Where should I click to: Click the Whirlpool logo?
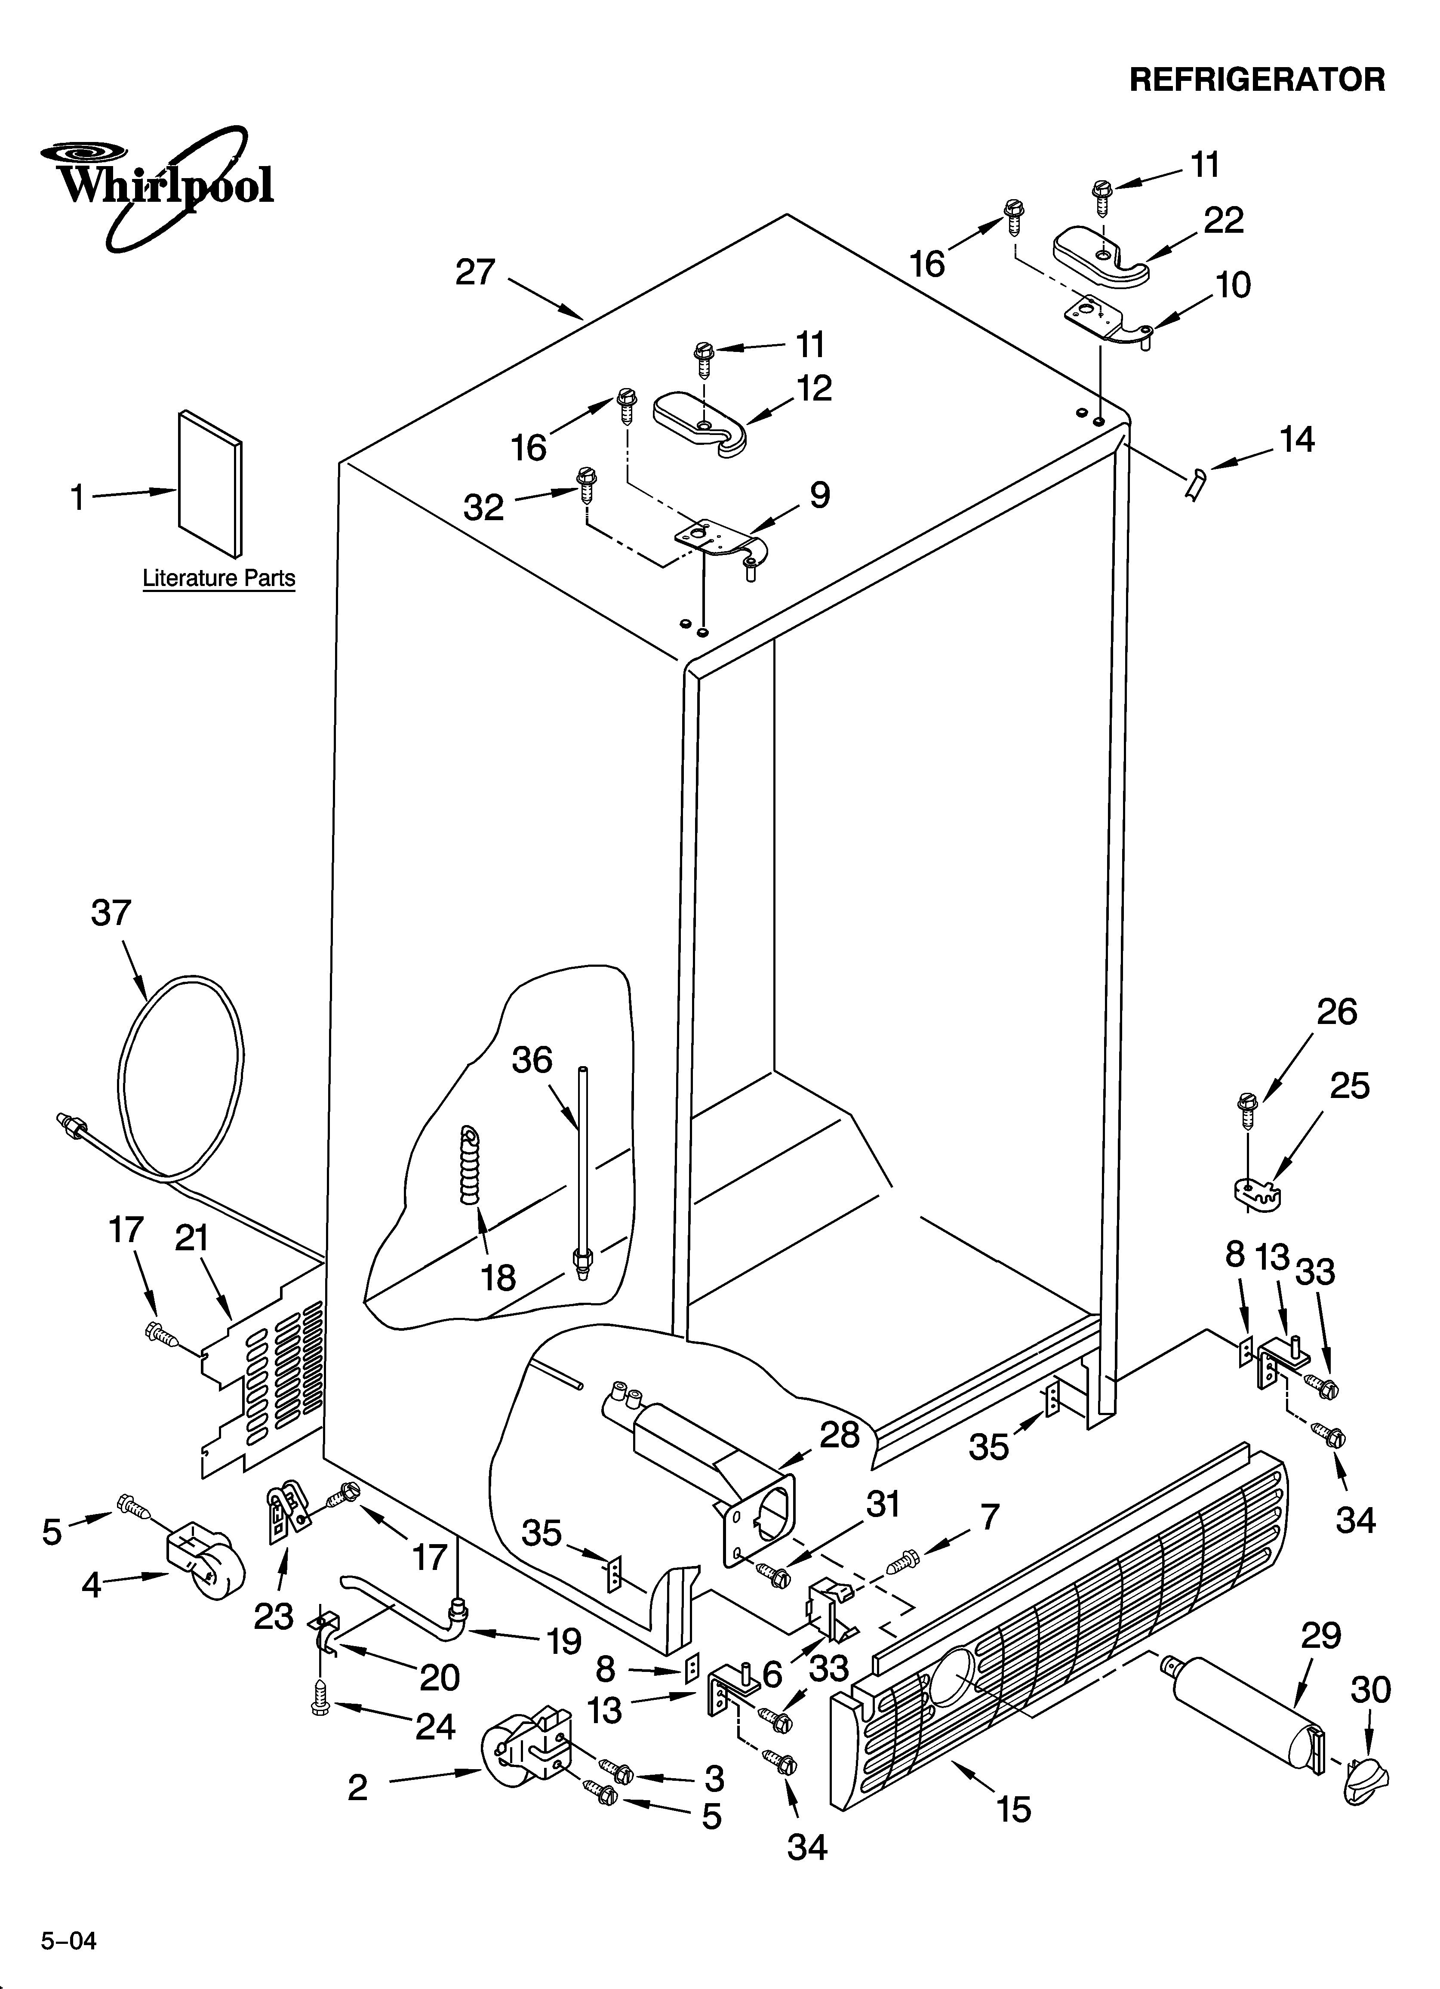pos(158,186)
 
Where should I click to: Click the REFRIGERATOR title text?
pos(1257,80)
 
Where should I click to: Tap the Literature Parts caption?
pos(218,579)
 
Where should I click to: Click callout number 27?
pos(475,273)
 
